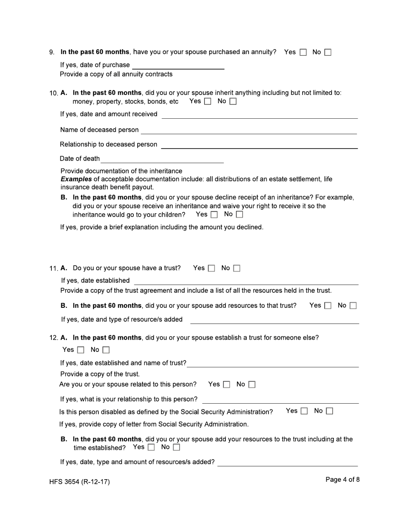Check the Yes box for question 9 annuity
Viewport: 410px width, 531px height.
point(303,53)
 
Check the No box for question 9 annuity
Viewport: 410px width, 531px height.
point(328,53)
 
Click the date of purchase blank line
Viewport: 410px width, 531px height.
point(178,66)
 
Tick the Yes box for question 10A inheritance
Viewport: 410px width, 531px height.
point(208,102)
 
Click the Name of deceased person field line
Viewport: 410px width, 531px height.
point(249,130)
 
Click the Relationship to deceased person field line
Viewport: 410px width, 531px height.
point(259,145)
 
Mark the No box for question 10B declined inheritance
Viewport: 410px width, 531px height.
point(240,215)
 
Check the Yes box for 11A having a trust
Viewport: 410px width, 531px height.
point(211,269)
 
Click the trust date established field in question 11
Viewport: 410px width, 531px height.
point(246,281)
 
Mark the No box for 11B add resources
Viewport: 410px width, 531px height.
point(353,306)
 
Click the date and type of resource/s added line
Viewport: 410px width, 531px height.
point(274,320)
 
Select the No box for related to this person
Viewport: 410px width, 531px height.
point(252,385)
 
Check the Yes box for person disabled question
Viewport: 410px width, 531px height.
point(304,411)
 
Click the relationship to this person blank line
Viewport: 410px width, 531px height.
point(280,400)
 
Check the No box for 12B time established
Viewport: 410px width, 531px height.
point(177,448)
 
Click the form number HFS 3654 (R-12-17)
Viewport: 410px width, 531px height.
point(79,482)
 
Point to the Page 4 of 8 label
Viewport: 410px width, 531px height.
point(342,480)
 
